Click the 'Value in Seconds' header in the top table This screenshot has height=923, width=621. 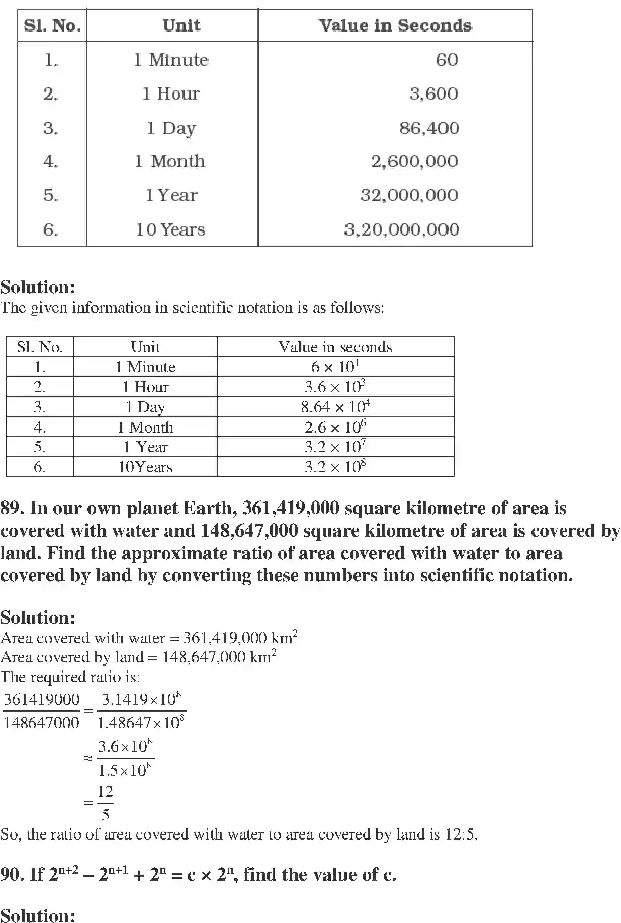pyautogui.click(x=395, y=26)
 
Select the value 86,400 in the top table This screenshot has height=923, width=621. pyautogui.click(x=429, y=128)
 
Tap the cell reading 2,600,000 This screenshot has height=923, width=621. pyautogui.click(x=414, y=161)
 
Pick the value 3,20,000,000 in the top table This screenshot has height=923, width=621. pyautogui.click(x=401, y=230)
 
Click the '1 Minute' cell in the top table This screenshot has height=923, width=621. pyautogui.click(x=171, y=60)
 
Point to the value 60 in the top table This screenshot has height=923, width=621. pyautogui.click(x=447, y=60)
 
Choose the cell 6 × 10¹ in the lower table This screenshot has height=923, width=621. pyautogui.click(x=335, y=366)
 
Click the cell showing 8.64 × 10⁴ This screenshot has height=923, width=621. pyautogui.click(x=335, y=406)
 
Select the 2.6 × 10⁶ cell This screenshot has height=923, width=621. pyautogui.click(x=335, y=427)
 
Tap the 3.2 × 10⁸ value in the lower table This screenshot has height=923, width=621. pyautogui.click(x=335, y=466)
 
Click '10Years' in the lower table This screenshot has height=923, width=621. pyautogui.click(x=145, y=467)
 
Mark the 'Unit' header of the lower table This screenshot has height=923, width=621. pyautogui.click(x=145, y=347)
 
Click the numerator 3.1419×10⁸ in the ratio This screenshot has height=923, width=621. pyautogui.click(x=141, y=699)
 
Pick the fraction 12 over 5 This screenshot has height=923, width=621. pyautogui.click(x=105, y=802)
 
